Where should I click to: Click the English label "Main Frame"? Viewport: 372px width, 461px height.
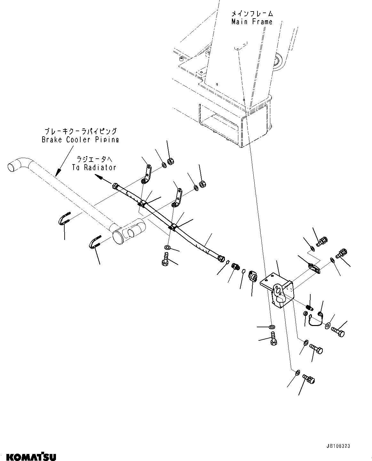pyautogui.click(x=252, y=22)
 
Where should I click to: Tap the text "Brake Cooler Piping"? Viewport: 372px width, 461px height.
pyautogui.click(x=80, y=139)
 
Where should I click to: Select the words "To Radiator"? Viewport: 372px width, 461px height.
pyautogui.click(x=96, y=167)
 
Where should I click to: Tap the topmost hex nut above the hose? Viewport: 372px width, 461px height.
pyautogui.click(x=170, y=162)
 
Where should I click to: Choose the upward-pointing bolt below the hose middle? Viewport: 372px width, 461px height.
pyautogui.click(x=165, y=258)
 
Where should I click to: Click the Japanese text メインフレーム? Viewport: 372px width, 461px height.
pyautogui.click(x=252, y=13)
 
